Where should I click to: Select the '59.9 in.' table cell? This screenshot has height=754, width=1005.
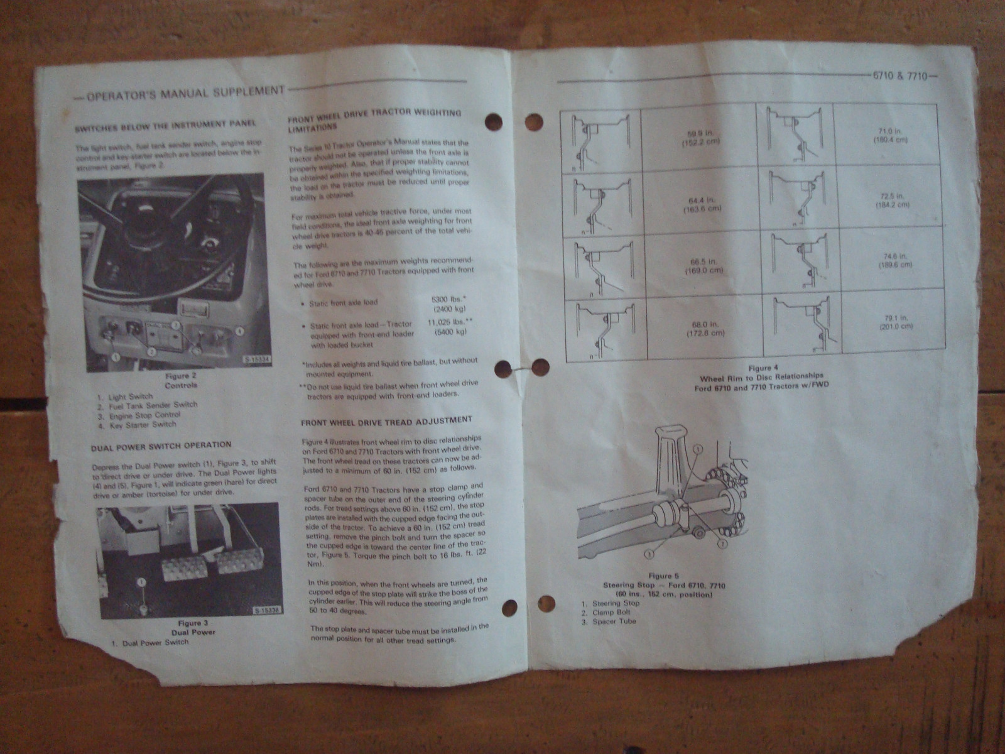702,137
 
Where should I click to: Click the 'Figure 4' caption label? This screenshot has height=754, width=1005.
763,368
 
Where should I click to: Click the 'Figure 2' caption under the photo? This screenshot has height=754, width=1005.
180,376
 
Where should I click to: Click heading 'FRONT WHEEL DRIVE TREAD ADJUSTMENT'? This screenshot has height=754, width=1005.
386,421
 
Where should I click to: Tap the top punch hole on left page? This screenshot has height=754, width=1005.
494,122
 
